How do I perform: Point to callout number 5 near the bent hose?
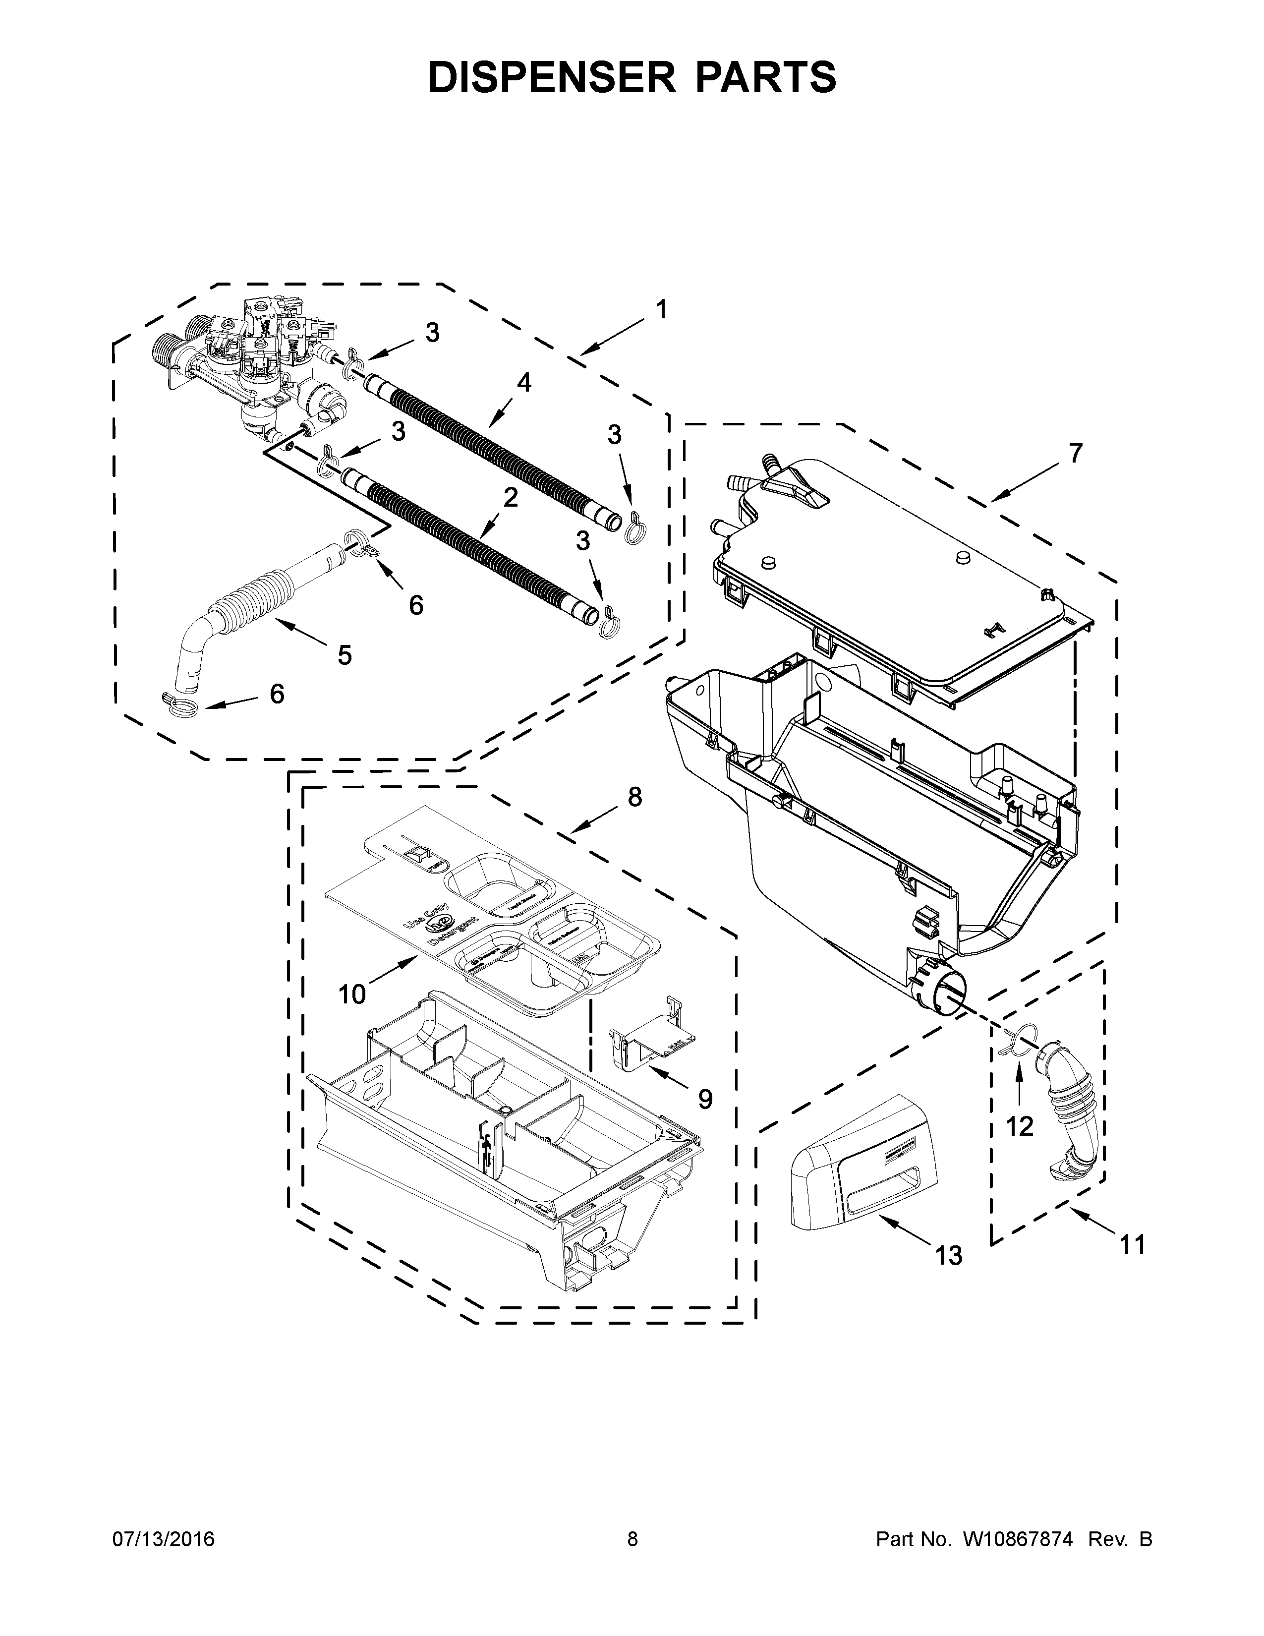(344, 655)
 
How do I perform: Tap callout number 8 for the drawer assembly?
(634, 798)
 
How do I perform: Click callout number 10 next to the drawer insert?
(352, 995)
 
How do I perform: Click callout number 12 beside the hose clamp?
(1019, 1147)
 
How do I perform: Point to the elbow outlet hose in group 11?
(1072, 1116)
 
